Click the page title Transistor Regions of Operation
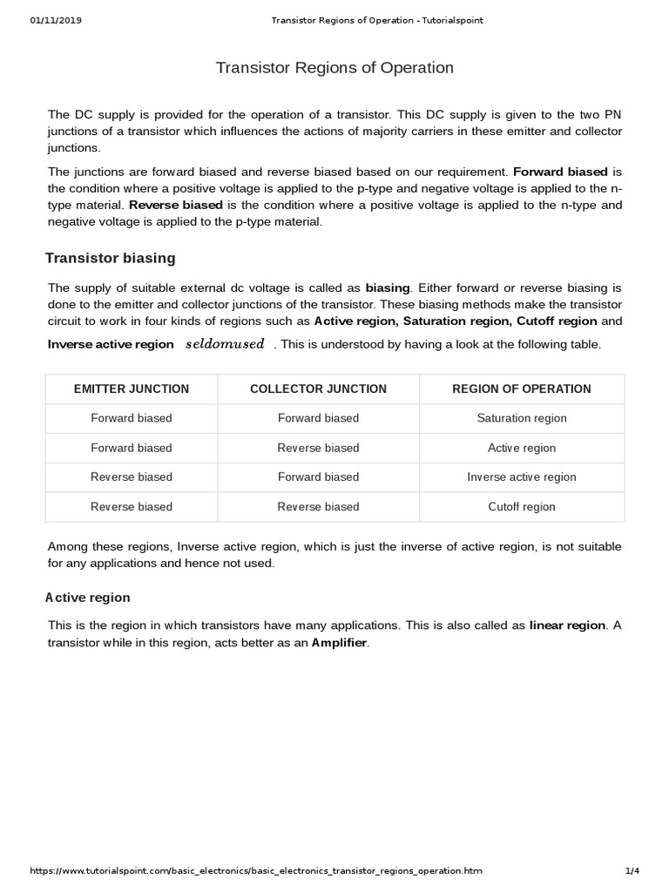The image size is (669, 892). click(x=334, y=68)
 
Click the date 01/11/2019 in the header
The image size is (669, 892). click(x=56, y=20)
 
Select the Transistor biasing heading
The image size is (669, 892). click(x=110, y=258)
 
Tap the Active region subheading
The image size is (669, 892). click(x=87, y=598)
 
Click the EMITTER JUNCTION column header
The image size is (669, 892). click(x=131, y=389)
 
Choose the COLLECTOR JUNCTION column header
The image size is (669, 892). click(x=318, y=389)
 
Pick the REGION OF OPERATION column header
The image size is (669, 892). click(x=522, y=389)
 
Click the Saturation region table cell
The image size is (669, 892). click(x=522, y=418)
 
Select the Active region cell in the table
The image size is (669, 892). click(x=522, y=448)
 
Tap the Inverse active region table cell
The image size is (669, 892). click(x=522, y=477)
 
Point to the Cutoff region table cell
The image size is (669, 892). click(x=522, y=507)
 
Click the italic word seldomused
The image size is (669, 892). click(x=225, y=344)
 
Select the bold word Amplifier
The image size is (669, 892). click(x=340, y=643)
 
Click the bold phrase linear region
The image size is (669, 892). click(x=567, y=625)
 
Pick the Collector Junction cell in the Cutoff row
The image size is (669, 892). click(x=318, y=507)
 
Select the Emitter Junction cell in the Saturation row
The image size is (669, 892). click(x=131, y=418)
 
